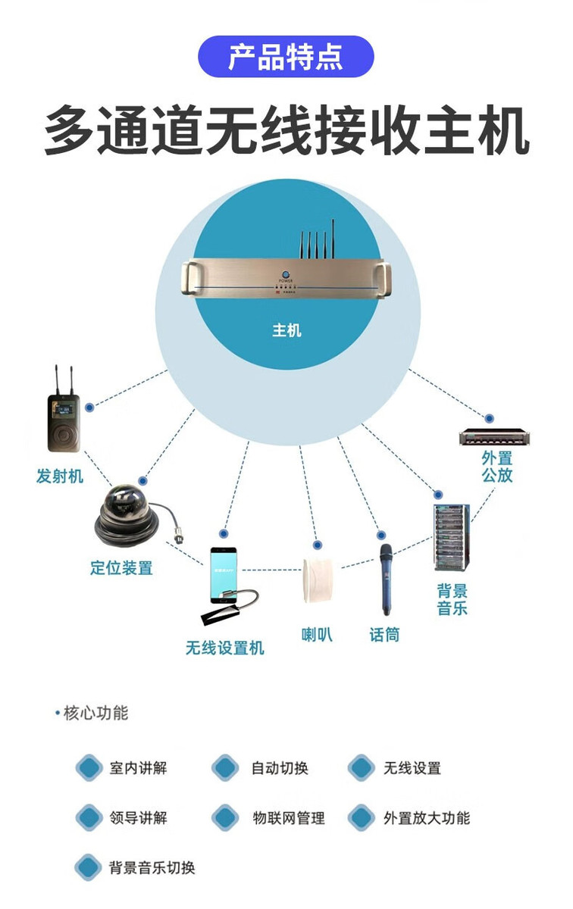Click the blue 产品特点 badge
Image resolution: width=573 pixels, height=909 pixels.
(x=286, y=57)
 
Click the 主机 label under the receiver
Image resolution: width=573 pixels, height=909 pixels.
(x=286, y=330)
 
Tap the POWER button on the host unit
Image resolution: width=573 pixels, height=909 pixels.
(x=286, y=274)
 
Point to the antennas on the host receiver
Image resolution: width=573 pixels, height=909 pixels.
(x=316, y=240)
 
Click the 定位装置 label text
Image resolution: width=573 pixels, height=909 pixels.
(x=121, y=567)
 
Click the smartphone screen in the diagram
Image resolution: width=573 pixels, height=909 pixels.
(x=227, y=576)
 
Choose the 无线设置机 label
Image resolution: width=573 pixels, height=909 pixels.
(x=225, y=648)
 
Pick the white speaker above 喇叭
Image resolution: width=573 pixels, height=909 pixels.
(x=318, y=582)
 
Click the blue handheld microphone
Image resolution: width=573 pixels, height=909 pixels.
(x=386, y=579)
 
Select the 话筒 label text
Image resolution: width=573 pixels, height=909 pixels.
(x=384, y=635)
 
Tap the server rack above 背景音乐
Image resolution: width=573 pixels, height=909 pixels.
(x=452, y=536)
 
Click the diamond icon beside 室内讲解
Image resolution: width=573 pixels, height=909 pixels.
(x=89, y=768)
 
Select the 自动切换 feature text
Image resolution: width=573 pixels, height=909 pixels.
(x=280, y=768)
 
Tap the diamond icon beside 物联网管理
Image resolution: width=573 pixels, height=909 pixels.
(x=225, y=818)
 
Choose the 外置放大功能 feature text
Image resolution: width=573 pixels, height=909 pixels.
(x=426, y=818)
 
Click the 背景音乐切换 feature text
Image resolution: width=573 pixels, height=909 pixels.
(x=152, y=868)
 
